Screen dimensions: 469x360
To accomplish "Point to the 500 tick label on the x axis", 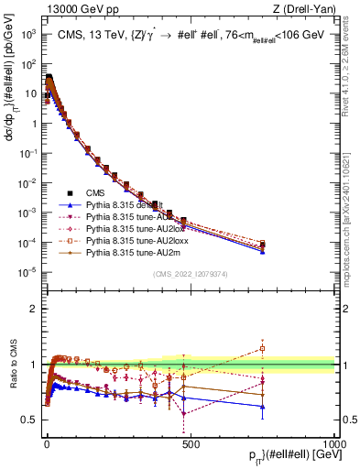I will pos(191,442).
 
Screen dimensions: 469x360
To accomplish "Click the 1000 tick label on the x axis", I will pos(333,442).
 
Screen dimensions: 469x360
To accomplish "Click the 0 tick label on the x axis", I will pos(47,442).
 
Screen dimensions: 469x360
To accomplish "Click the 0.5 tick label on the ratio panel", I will pos(28,420).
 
